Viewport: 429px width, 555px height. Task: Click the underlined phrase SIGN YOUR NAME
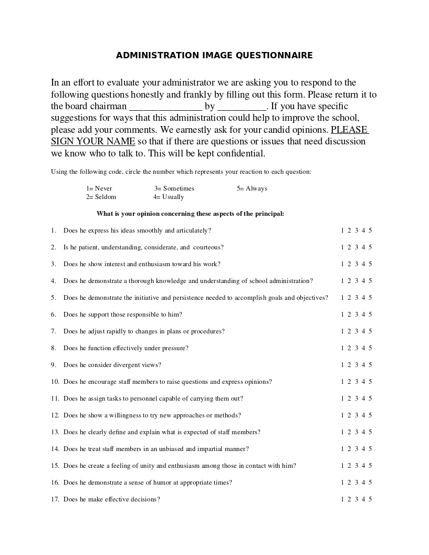click(x=93, y=142)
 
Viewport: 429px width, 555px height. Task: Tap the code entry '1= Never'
click(x=99, y=189)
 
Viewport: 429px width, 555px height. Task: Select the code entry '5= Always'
click(x=252, y=189)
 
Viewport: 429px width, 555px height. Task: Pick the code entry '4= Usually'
click(x=169, y=197)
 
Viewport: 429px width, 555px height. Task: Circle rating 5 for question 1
click(x=370, y=231)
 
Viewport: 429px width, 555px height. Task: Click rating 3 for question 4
click(x=357, y=281)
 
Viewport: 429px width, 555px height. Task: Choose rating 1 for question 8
click(x=342, y=348)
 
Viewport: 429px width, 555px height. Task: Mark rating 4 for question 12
click(x=363, y=415)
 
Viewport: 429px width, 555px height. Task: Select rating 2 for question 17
click(x=349, y=499)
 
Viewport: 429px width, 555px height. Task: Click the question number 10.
click(x=55, y=382)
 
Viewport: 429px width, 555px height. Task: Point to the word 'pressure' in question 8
click(x=176, y=348)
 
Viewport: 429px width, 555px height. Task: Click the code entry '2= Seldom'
click(x=101, y=197)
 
